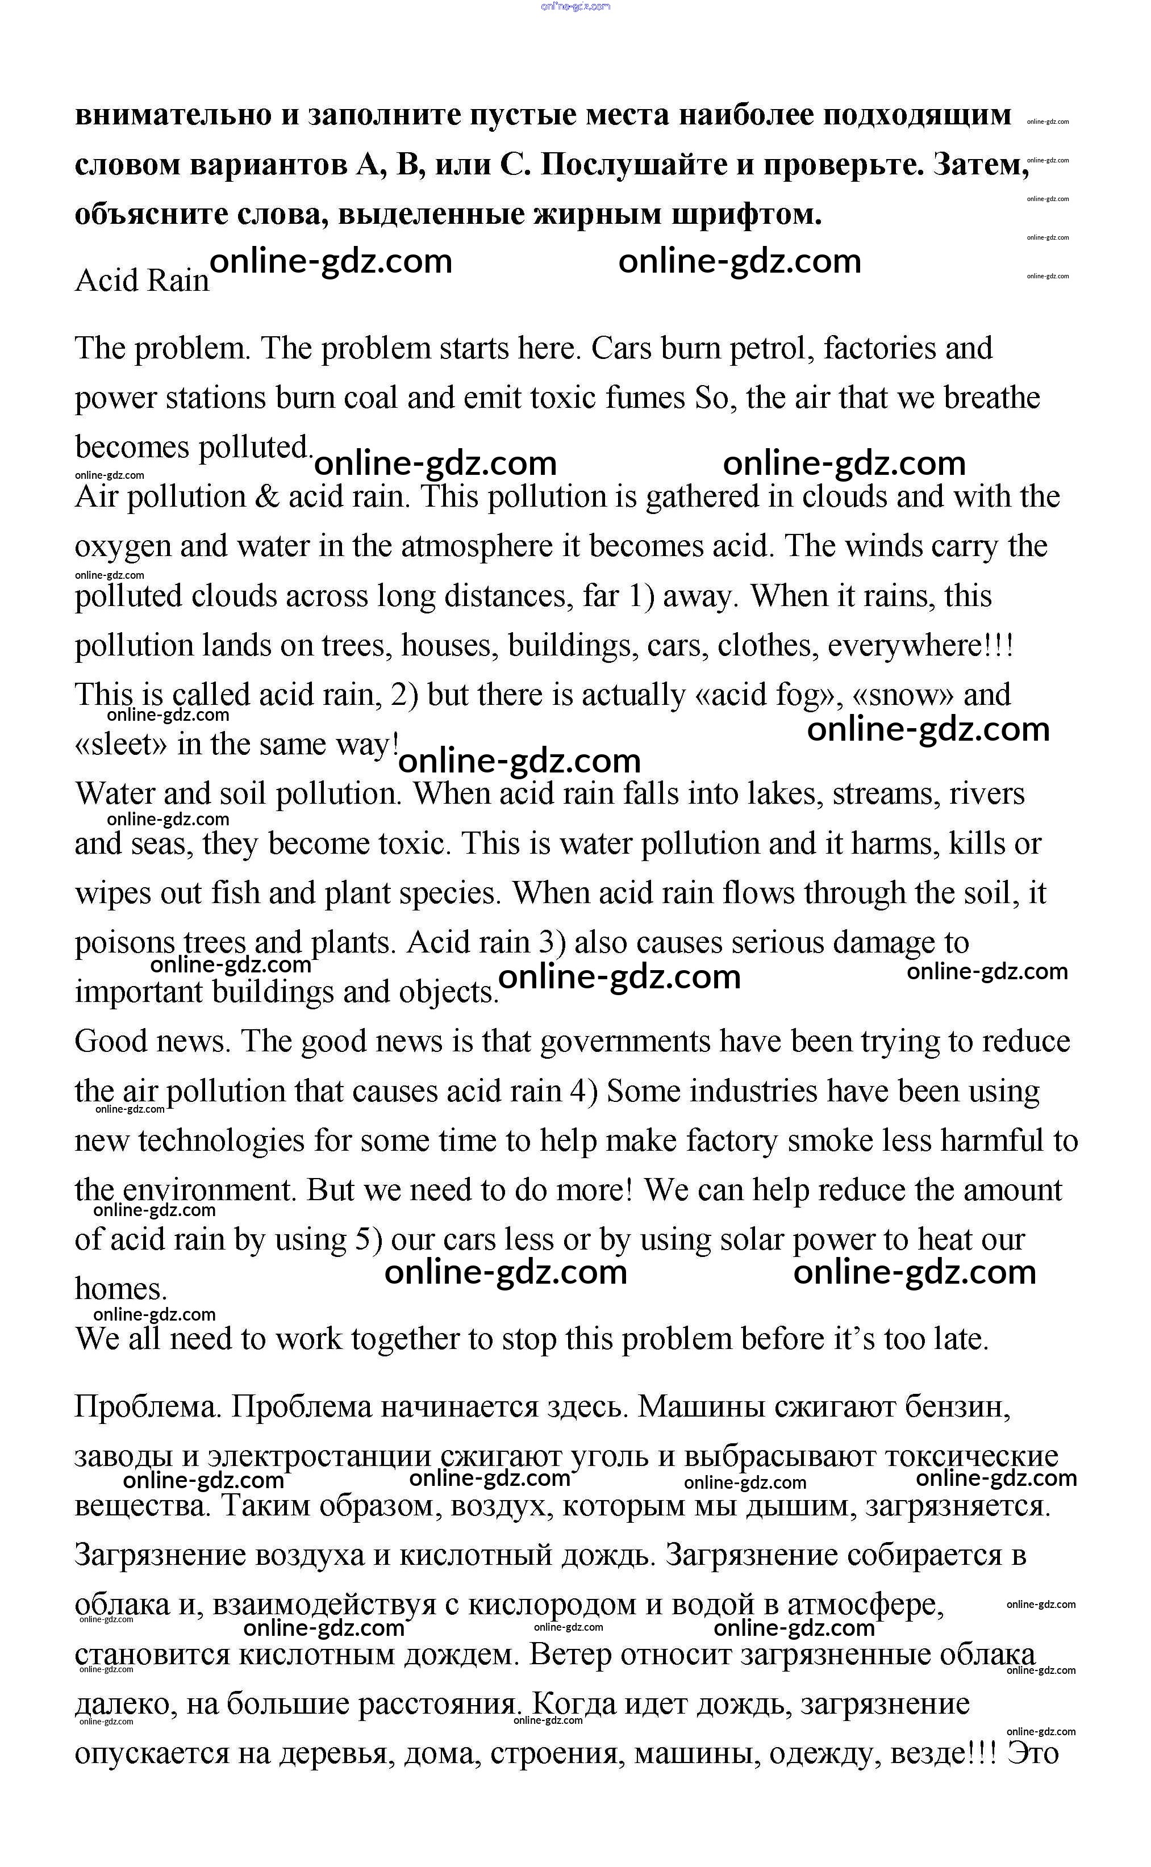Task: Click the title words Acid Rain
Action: [x=141, y=281]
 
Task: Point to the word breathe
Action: [x=991, y=398]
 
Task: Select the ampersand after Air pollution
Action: [x=268, y=498]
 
